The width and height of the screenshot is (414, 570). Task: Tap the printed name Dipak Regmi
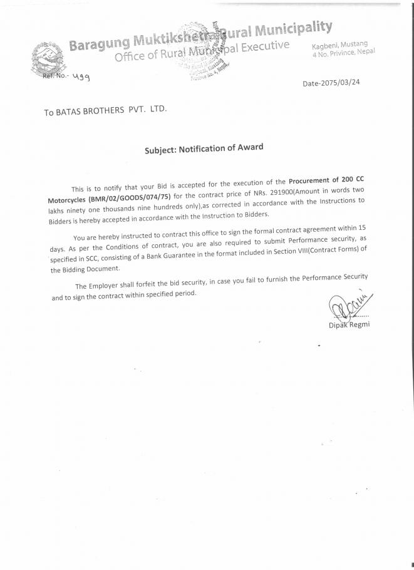349,324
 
